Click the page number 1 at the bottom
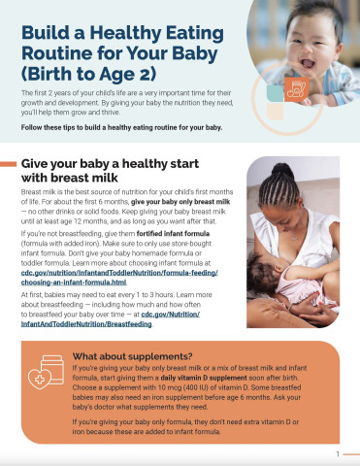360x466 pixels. [338, 454]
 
